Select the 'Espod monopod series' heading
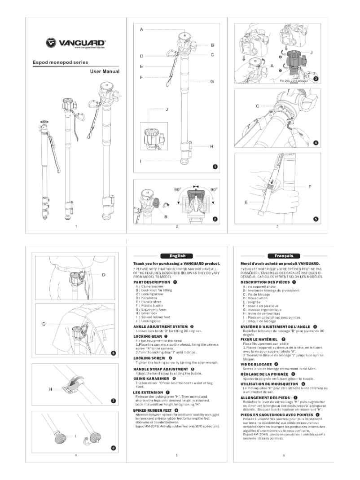pos(61,62)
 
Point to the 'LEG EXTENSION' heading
pos(149,380)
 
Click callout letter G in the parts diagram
pos(212,82)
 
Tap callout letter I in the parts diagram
pos(141,160)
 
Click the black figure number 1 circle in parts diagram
pos(215,166)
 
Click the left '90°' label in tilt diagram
pos(177,189)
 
